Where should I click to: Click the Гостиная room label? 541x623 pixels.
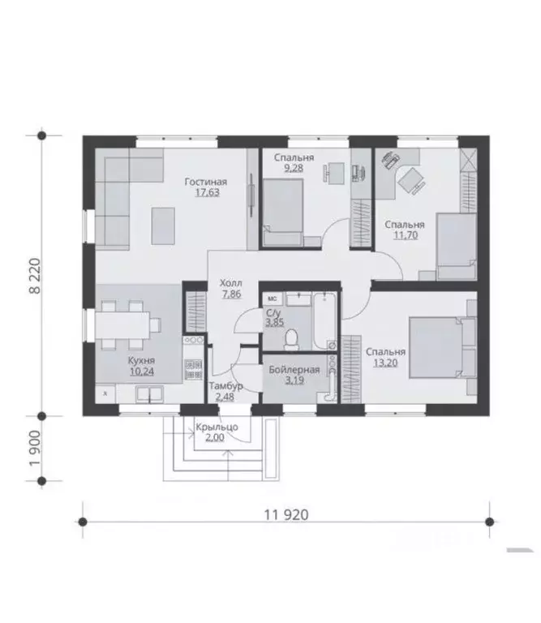(206, 182)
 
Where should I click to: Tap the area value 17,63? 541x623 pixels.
(208, 193)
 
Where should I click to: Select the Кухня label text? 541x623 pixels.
(141, 361)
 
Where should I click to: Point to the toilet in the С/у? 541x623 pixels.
(292, 340)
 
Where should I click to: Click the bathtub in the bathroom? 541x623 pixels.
(325, 321)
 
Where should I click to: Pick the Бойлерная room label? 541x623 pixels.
(294, 370)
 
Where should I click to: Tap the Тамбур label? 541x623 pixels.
(226, 386)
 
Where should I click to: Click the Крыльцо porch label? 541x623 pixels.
(217, 428)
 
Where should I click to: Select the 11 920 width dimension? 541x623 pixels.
(286, 515)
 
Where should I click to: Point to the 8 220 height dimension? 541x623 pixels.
(35, 276)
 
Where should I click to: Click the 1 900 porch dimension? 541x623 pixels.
(35, 449)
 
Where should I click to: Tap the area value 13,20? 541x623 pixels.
(385, 363)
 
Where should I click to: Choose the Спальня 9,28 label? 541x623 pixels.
(294, 162)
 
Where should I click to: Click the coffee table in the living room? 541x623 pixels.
(163, 226)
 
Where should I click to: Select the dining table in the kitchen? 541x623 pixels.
(122, 325)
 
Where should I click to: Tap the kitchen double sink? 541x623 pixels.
(149, 393)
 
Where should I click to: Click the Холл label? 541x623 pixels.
(231, 284)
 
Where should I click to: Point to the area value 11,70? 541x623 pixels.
(406, 235)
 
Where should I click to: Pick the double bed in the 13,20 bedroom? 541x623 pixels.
(437, 347)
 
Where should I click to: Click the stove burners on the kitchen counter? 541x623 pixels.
(193, 340)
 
